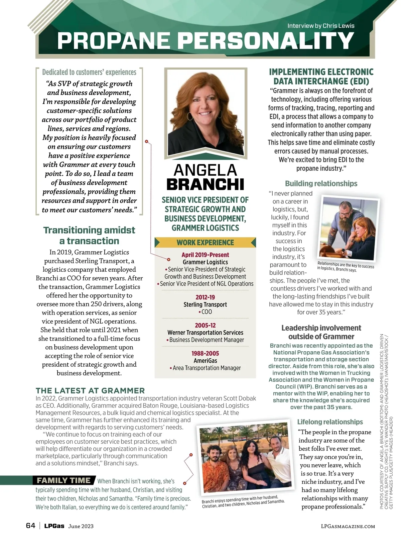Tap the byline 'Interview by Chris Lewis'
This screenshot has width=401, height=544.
321,26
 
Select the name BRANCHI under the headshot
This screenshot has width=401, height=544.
205,184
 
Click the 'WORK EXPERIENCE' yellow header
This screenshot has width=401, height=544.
205,243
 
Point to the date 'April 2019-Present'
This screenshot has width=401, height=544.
205,255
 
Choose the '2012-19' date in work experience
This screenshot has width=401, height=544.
205,297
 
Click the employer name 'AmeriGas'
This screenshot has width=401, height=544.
205,361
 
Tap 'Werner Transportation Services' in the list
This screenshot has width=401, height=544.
205,333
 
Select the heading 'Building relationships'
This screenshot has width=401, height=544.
321,183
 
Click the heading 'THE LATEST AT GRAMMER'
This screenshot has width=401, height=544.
90,390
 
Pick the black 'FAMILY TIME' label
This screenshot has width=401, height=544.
63,480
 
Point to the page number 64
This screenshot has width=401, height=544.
30,526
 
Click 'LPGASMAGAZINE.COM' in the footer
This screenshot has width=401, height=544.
348,526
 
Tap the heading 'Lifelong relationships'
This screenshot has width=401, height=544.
330,422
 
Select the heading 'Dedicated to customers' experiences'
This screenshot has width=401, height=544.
89,72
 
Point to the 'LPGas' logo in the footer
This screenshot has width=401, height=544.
54,526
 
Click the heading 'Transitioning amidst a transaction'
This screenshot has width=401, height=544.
89,235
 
